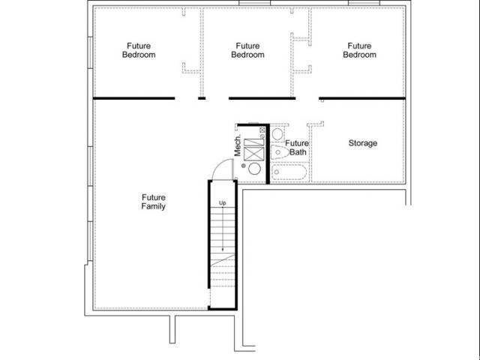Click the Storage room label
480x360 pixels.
tap(363, 143)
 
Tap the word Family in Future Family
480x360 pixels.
tap(153, 206)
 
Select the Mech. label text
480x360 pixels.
tap(238, 145)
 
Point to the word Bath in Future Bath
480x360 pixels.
tap(298, 152)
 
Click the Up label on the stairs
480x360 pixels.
tap(223, 203)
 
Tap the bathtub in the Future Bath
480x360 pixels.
tap(289, 172)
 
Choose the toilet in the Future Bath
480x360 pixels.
tap(280, 152)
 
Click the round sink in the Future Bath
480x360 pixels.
tap(277, 134)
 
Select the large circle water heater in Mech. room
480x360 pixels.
tap(254, 169)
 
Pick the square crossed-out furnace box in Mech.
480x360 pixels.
tap(253, 154)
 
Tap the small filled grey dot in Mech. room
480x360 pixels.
tap(243, 166)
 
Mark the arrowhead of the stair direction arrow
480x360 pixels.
tap(223, 249)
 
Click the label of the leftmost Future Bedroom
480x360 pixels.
tap(139, 50)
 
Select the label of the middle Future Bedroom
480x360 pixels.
tap(247, 50)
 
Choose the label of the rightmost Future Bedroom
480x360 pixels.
tap(359, 50)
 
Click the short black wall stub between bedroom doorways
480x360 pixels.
tap(202, 98)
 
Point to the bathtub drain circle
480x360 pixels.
tap(277, 172)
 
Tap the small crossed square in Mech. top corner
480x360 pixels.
tap(262, 130)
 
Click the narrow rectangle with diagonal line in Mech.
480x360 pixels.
tap(253, 142)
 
